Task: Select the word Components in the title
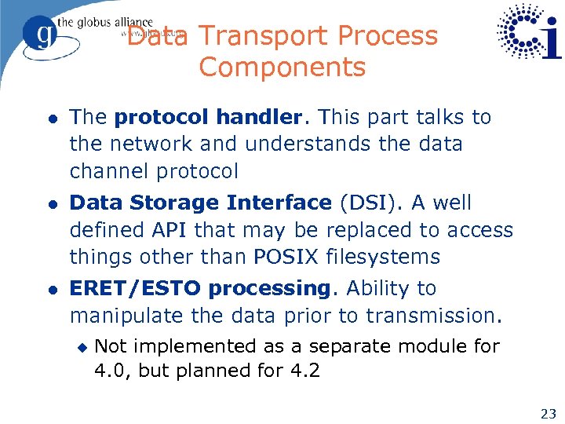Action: [282, 68]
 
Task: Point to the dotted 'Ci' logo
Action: [529, 33]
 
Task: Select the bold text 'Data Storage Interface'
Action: [200, 203]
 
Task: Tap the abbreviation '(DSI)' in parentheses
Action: [366, 203]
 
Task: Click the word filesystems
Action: [395, 258]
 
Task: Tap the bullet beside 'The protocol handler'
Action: [50, 119]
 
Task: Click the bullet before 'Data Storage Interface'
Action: [50, 204]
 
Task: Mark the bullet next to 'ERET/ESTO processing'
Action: [50, 290]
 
